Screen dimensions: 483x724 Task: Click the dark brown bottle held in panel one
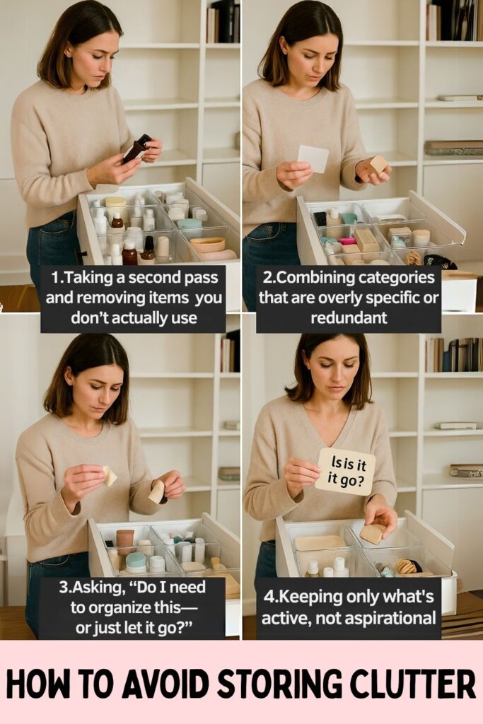136,148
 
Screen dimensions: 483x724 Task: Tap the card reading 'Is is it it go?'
345,472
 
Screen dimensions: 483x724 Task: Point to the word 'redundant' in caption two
349,317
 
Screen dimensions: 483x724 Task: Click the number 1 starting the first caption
55,278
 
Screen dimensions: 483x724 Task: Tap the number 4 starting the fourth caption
268,597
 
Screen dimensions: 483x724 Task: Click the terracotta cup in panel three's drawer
124,541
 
